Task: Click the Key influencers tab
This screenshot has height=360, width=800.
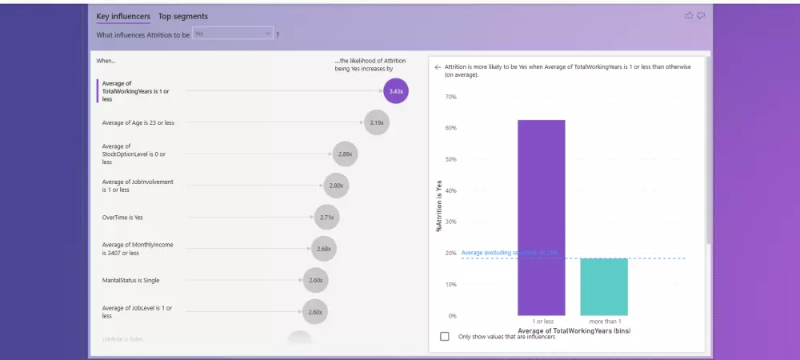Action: [x=124, y=16]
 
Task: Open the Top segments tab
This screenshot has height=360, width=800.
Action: [x=183, y=16]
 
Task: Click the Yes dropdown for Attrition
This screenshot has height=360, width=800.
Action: [x=233, y=34]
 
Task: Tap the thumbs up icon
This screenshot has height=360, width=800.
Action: [x=689, y=15]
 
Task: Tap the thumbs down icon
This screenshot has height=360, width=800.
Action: [x=701, y=15]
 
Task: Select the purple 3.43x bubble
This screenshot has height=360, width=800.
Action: [x=396, y=91]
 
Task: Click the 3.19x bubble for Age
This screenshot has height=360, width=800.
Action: [x=377, y=122]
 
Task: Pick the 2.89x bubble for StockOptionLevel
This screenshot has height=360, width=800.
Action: [x=346, y=154]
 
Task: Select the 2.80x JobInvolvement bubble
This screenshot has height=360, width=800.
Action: [x=336, y=186]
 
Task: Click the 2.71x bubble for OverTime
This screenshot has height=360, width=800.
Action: [x=326, y=217]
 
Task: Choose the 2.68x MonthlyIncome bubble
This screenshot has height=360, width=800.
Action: [x=323, y=249]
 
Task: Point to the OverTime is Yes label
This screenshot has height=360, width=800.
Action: [x=122, y=217]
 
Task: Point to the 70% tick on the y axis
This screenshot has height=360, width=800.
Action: [x=450, y=97]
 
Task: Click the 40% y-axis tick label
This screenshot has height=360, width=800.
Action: [x=450, y=190]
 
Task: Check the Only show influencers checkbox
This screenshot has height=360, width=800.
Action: [x=445, y=337]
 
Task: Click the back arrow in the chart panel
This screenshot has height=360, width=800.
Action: [x=438, y=67]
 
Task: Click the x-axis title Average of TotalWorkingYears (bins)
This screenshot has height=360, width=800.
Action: [x=572, y=330]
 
